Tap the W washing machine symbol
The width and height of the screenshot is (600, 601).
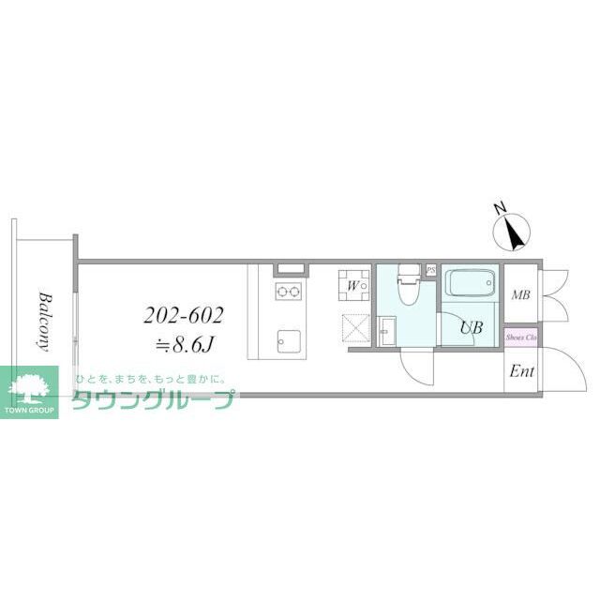click(353, 285)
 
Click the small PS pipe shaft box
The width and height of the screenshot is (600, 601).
click(430, 271)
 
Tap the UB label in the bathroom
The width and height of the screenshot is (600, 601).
click(471, 328)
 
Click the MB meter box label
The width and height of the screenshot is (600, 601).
click(520, 295)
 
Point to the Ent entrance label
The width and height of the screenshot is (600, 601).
click(521, 372)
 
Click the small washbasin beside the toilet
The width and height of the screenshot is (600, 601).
click(388, 330)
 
